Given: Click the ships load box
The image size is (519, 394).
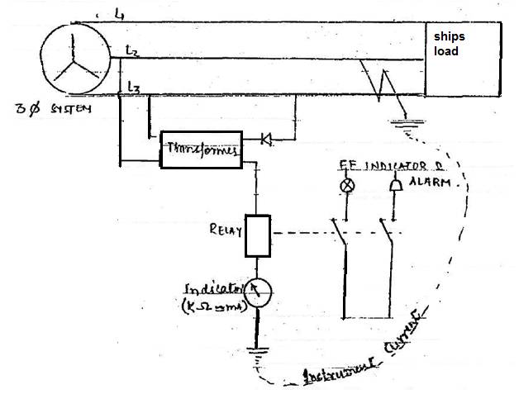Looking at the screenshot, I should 462,59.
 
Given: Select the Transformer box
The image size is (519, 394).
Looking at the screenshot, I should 201,150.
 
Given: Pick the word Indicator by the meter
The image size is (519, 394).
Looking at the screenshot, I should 212,290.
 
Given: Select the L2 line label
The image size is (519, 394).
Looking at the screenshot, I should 131,52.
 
